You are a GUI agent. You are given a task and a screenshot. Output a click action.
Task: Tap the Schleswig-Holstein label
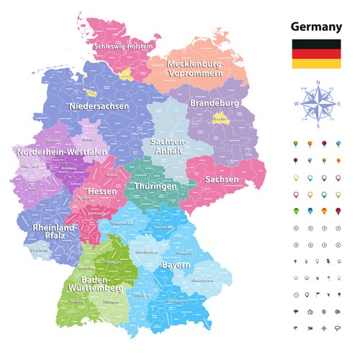pyautogui.click(x=122, y=46)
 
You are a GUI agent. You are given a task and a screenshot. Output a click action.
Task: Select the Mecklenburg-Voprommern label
pyautogui.click(x=196, y=68)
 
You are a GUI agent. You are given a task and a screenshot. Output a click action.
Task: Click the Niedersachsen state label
pyautogui.click(x=99, y=106)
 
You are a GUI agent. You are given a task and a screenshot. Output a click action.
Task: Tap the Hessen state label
pyautogui.click(x=102, y=192)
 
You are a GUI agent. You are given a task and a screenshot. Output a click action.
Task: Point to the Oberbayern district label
pyautogui.click(x=176, y=300)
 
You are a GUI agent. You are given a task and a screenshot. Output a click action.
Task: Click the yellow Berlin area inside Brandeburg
pyautogui.click(x=220, y=118)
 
